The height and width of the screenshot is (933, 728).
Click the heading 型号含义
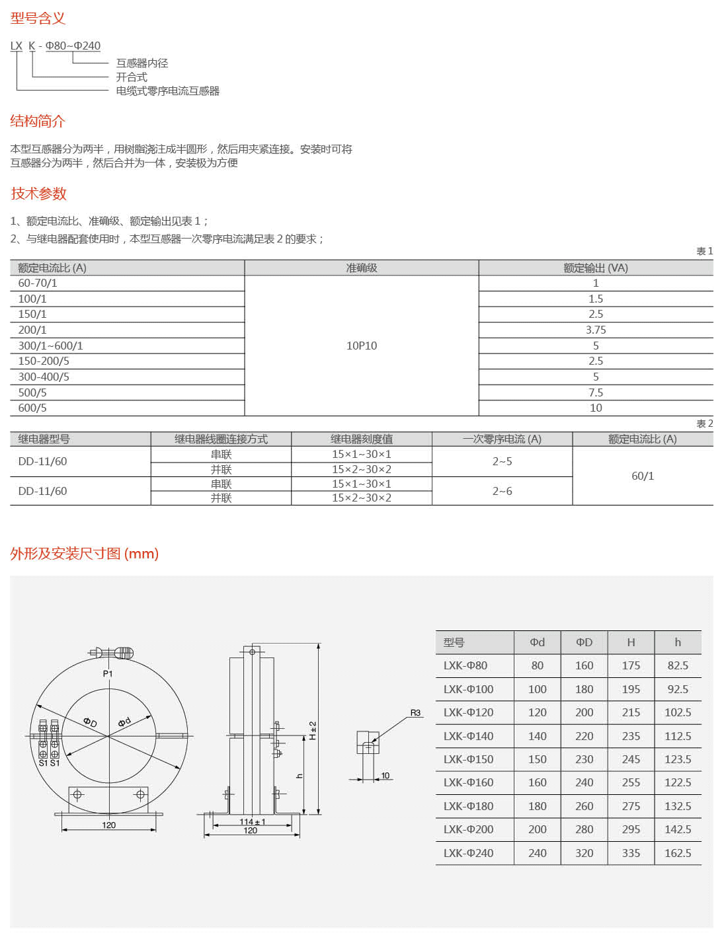(38, 19)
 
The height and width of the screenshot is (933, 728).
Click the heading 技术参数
(39, 194)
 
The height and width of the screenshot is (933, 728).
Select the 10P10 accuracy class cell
(362, 346)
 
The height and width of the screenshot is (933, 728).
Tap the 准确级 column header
(362, 268)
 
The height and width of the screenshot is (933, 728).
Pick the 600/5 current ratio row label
(32, 408)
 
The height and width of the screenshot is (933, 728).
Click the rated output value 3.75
(596, 330)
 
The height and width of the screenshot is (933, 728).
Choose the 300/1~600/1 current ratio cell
(51, 346)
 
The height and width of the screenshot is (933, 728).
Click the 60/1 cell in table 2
(643, 476)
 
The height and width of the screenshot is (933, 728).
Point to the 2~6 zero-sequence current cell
(502, 491)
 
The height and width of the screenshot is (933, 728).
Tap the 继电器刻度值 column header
(362, 439)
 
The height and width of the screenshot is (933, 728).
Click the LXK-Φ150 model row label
(468, 759)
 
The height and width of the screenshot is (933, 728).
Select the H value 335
(631, 853)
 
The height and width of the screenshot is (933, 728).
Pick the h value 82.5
(678, 665)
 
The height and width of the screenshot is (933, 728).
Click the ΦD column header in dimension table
(584, 642)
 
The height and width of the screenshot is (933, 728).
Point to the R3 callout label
(415, 713)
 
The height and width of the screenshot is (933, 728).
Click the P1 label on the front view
(108, 673)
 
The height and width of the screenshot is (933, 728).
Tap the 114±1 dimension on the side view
(252, 822)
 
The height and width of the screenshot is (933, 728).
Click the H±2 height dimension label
(313, 730)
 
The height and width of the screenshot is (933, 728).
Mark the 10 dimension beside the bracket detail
(385, 776)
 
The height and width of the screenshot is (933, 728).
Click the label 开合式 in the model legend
(132, 77)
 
